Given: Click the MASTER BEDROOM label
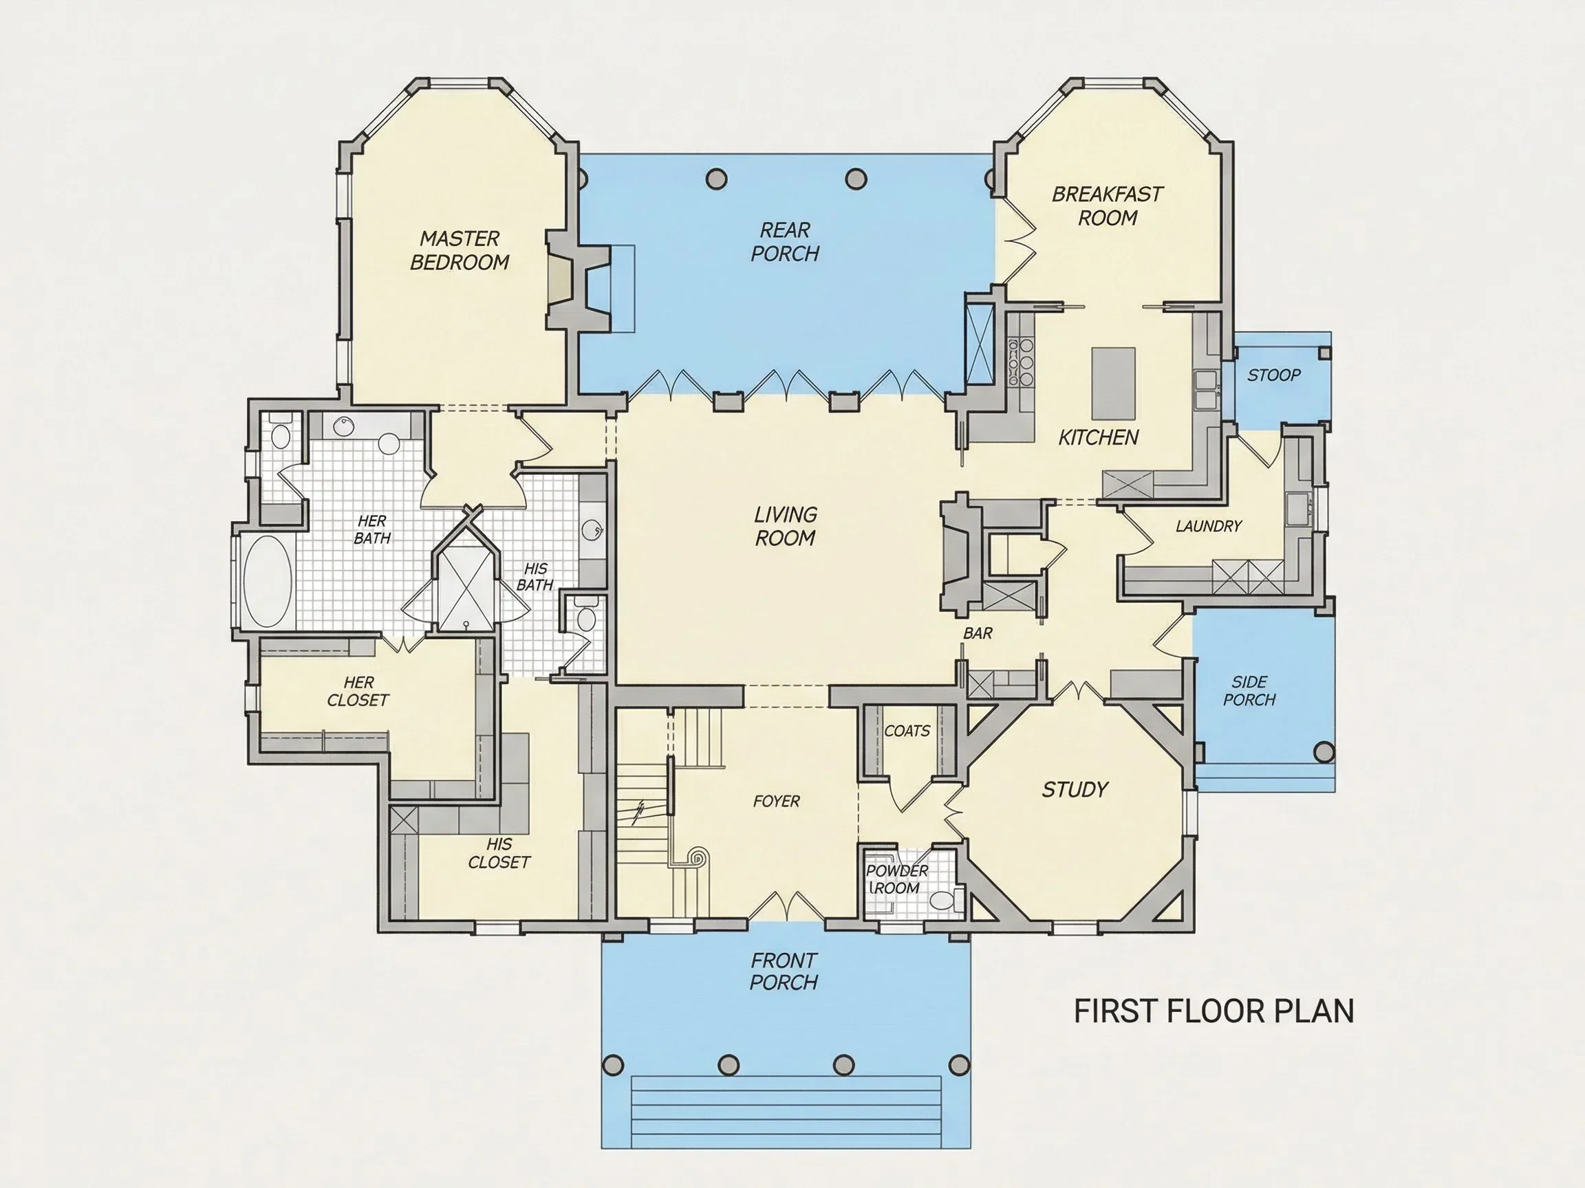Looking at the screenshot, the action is [x=460, y=250].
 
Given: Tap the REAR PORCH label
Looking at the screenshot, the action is [x=785, y=241].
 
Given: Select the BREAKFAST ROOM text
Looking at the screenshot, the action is [x=1107, y=206].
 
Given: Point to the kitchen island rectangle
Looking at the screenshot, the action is [x=1114, y=384].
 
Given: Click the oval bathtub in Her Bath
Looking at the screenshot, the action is [x=269, y=581].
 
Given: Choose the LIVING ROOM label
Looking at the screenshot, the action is [x=786, y=527].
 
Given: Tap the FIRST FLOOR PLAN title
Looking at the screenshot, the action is [x=1214, y=1011].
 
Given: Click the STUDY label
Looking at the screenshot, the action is [x=1075, y=790].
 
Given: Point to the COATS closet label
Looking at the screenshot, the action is [x=907, y=731].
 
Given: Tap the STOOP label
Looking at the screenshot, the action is [x=1273, y=375].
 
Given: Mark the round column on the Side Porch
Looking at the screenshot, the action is [x=1324, y=753].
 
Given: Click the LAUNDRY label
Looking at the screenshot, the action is [x=1208, y=527].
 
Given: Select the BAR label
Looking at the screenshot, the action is [x=978, y=633].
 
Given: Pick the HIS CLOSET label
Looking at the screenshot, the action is [x=499, y=854].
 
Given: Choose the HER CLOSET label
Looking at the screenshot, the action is [x=358, y=692].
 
